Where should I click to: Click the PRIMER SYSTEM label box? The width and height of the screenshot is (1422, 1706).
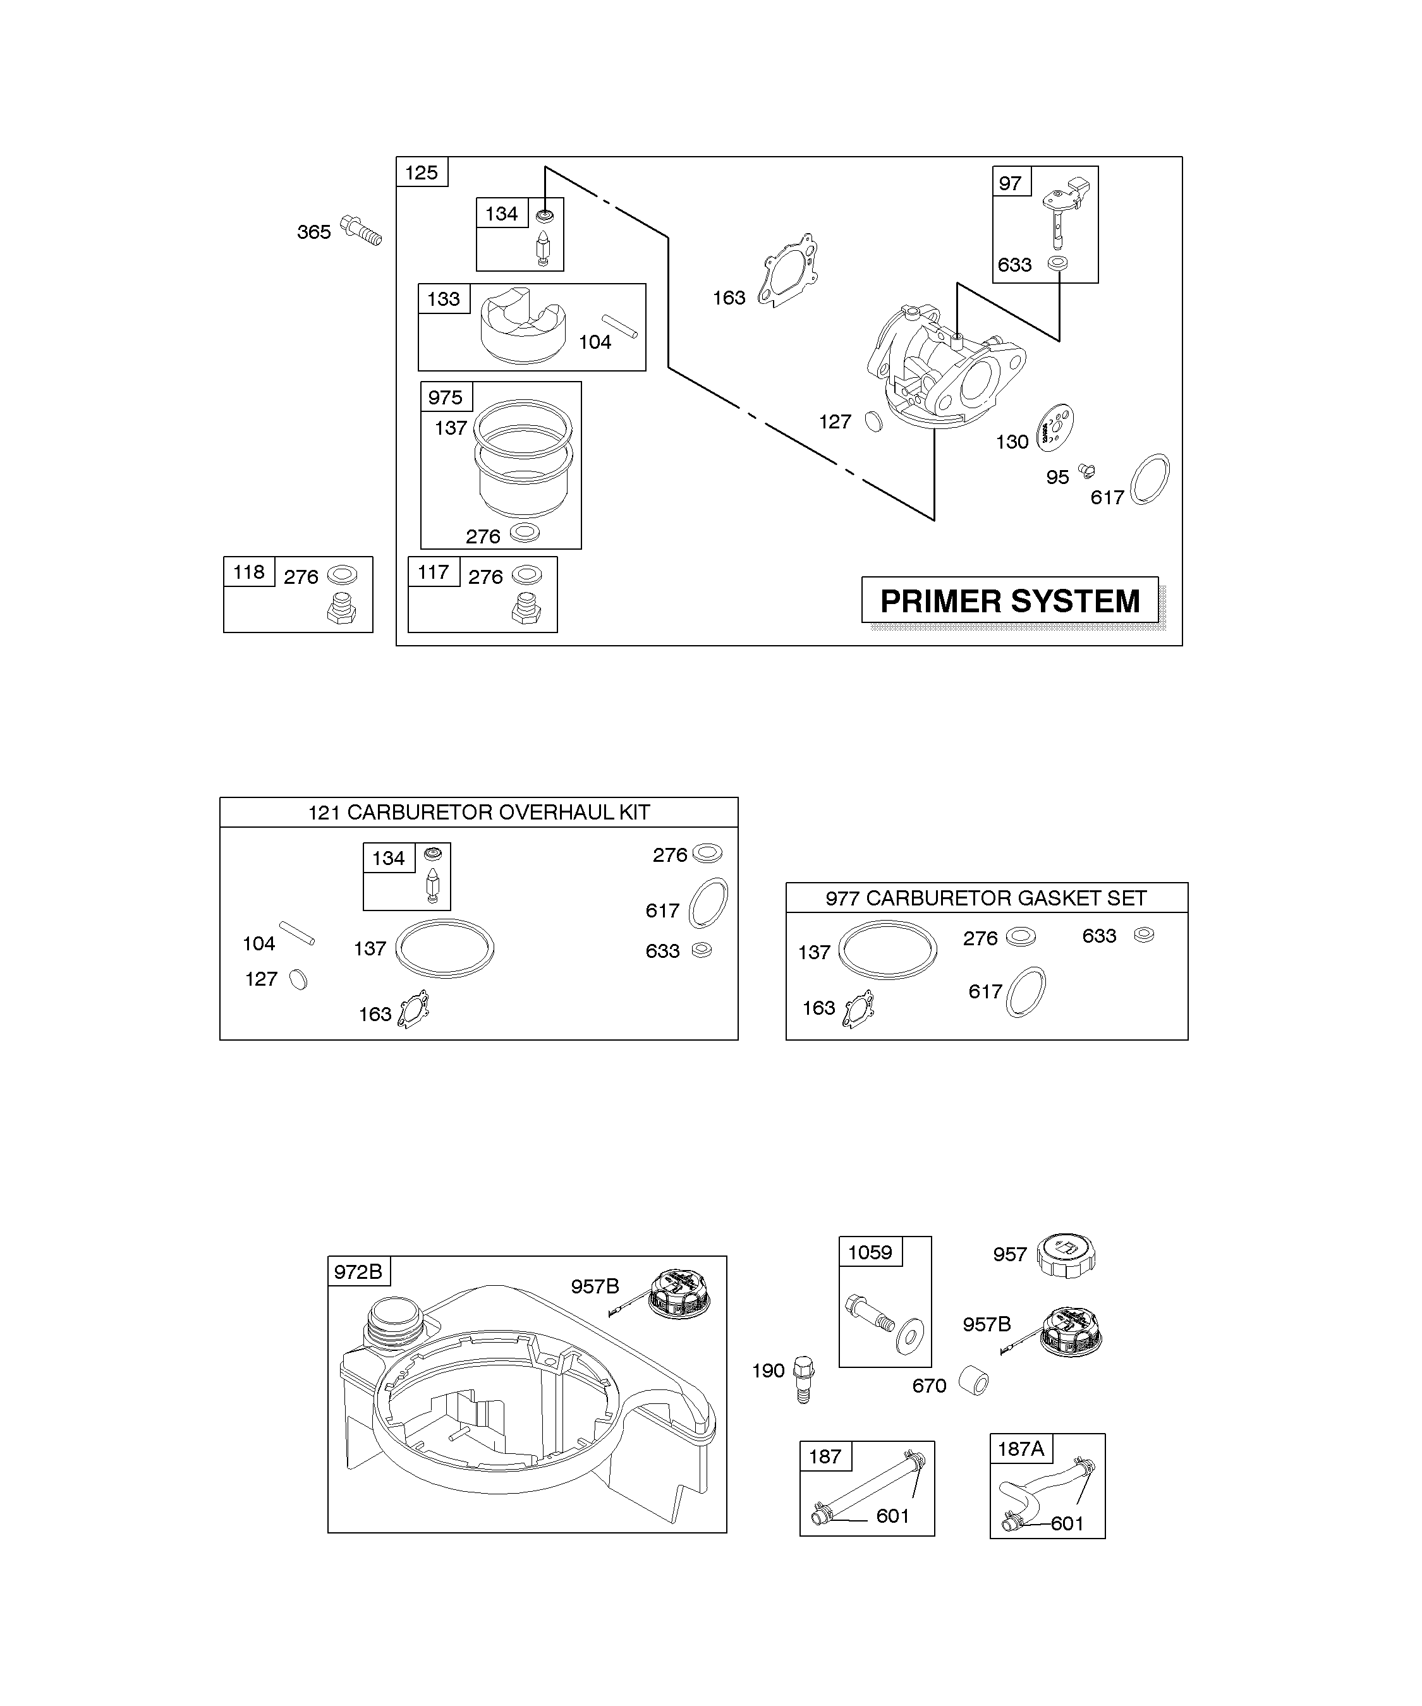coord(1010,601)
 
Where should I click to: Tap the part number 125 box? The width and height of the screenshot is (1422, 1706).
coord(422,172)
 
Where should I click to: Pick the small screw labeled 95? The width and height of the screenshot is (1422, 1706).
coord(1086,469)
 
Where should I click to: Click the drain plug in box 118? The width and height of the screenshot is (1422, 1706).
coord(342,608)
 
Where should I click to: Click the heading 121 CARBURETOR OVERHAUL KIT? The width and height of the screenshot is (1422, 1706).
coord(478,813)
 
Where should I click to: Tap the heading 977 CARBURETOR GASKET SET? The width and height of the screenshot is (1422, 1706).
coord(986,898)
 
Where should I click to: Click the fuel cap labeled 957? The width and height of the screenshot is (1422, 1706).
coord(1066,1254)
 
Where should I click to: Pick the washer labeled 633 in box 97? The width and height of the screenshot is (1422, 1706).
coord(1057,263)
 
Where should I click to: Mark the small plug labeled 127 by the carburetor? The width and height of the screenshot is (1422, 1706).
coord(873,421)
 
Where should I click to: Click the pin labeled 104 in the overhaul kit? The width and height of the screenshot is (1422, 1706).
coord(296,933)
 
